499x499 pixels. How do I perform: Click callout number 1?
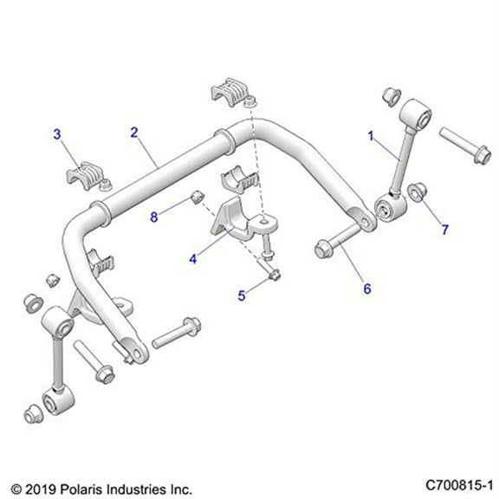pyautogui.click(x=372, y=135)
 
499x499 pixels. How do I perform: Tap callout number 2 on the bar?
pyautogui.click(x=134, y=133)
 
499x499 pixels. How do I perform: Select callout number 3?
pyautogui.click(x=57, y=133)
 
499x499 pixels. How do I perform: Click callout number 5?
pyautogui.click(x=243, y=295)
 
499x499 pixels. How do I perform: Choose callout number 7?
pyautogui.click(x=445, y=230)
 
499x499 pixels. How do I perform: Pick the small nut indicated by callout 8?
pyautogui.click(x=197, y=196)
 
